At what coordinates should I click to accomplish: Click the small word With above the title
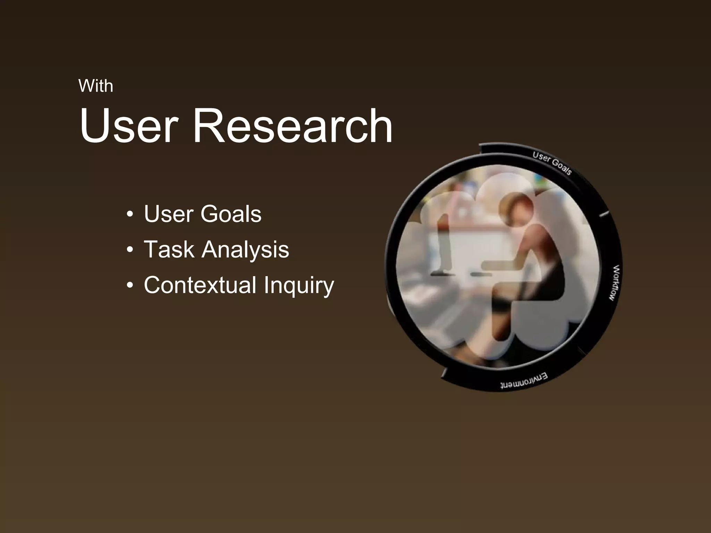point(96,86)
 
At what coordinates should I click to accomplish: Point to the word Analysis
point(245,250)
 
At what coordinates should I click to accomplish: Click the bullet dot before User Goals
point(130,214)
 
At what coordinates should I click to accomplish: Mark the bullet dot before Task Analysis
point(130,250)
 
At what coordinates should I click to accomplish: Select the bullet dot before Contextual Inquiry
point(130,286)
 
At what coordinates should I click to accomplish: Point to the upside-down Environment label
point(524,381)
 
